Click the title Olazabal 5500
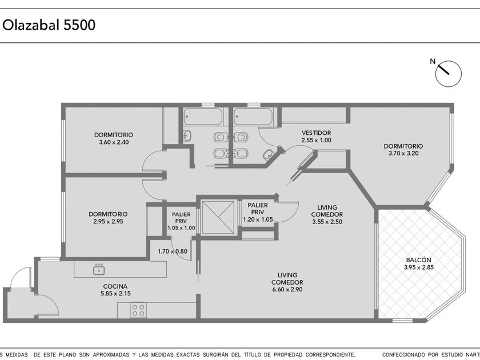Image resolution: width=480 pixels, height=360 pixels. pos(49,25)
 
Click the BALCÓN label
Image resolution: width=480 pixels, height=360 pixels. pos(418,260)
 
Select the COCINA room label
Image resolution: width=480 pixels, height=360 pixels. pos(115,286)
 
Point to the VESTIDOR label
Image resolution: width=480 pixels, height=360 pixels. pos(316,133)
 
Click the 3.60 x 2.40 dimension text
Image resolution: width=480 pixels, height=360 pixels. pos(114,142)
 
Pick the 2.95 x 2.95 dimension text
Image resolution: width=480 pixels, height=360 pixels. pos(108,221)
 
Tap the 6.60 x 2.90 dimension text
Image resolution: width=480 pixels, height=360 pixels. pos(287,289)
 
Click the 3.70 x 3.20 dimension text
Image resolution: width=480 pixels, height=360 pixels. pos(403,153)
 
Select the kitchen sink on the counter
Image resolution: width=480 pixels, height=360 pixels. pos(99,270)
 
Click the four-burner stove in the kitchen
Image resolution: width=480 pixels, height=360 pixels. pos(138,310)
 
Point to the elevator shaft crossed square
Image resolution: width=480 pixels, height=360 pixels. pos(218,217)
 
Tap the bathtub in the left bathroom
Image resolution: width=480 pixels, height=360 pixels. pos(203,117)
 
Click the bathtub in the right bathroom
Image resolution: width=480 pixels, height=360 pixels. pos(253,117)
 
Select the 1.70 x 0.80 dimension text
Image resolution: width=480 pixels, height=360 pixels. pos(173,251)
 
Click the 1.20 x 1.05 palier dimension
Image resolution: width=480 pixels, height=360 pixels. pos(258,219)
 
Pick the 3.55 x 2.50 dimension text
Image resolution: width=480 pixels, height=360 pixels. pos(327,222)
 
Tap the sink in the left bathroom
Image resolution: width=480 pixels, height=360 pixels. pos(187,135)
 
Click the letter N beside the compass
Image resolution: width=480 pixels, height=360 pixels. pos(433,62)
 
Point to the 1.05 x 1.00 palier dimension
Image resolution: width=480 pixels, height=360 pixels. pos(181,228)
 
